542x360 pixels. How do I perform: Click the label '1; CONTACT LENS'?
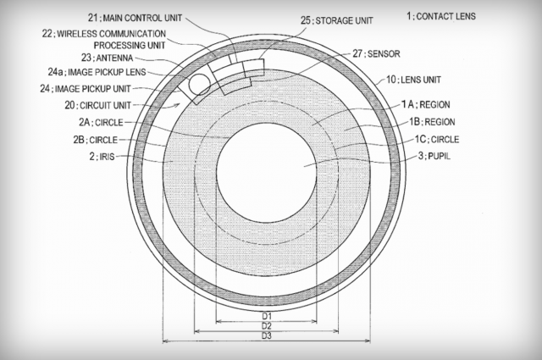pos(441,16)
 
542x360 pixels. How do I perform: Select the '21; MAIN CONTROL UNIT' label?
pos(135,18)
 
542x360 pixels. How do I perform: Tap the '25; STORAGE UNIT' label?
pos(337,20)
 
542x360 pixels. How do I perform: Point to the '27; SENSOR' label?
pos(376,54)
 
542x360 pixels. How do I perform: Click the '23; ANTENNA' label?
pos(108,58)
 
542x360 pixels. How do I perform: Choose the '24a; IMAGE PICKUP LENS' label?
pos(97,72)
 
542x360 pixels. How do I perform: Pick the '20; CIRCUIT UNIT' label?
pos(98,105)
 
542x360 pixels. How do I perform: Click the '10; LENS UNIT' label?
pos(413,80)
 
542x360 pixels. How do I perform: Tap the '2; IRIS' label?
pos(102,157)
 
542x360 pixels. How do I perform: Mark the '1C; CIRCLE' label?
pos(437,140)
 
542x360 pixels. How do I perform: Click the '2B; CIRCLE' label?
pos(96,140)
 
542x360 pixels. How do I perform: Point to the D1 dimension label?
pos(267,316)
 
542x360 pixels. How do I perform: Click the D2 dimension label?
pos(267,326)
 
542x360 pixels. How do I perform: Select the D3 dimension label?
pos(267,335)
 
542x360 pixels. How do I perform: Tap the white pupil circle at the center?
pos(267,173)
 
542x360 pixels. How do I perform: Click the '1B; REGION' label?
pos(432,122)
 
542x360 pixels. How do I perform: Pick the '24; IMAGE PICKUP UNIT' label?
pos(86,89)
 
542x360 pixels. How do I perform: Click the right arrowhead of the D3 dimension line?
pos(368,341)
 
